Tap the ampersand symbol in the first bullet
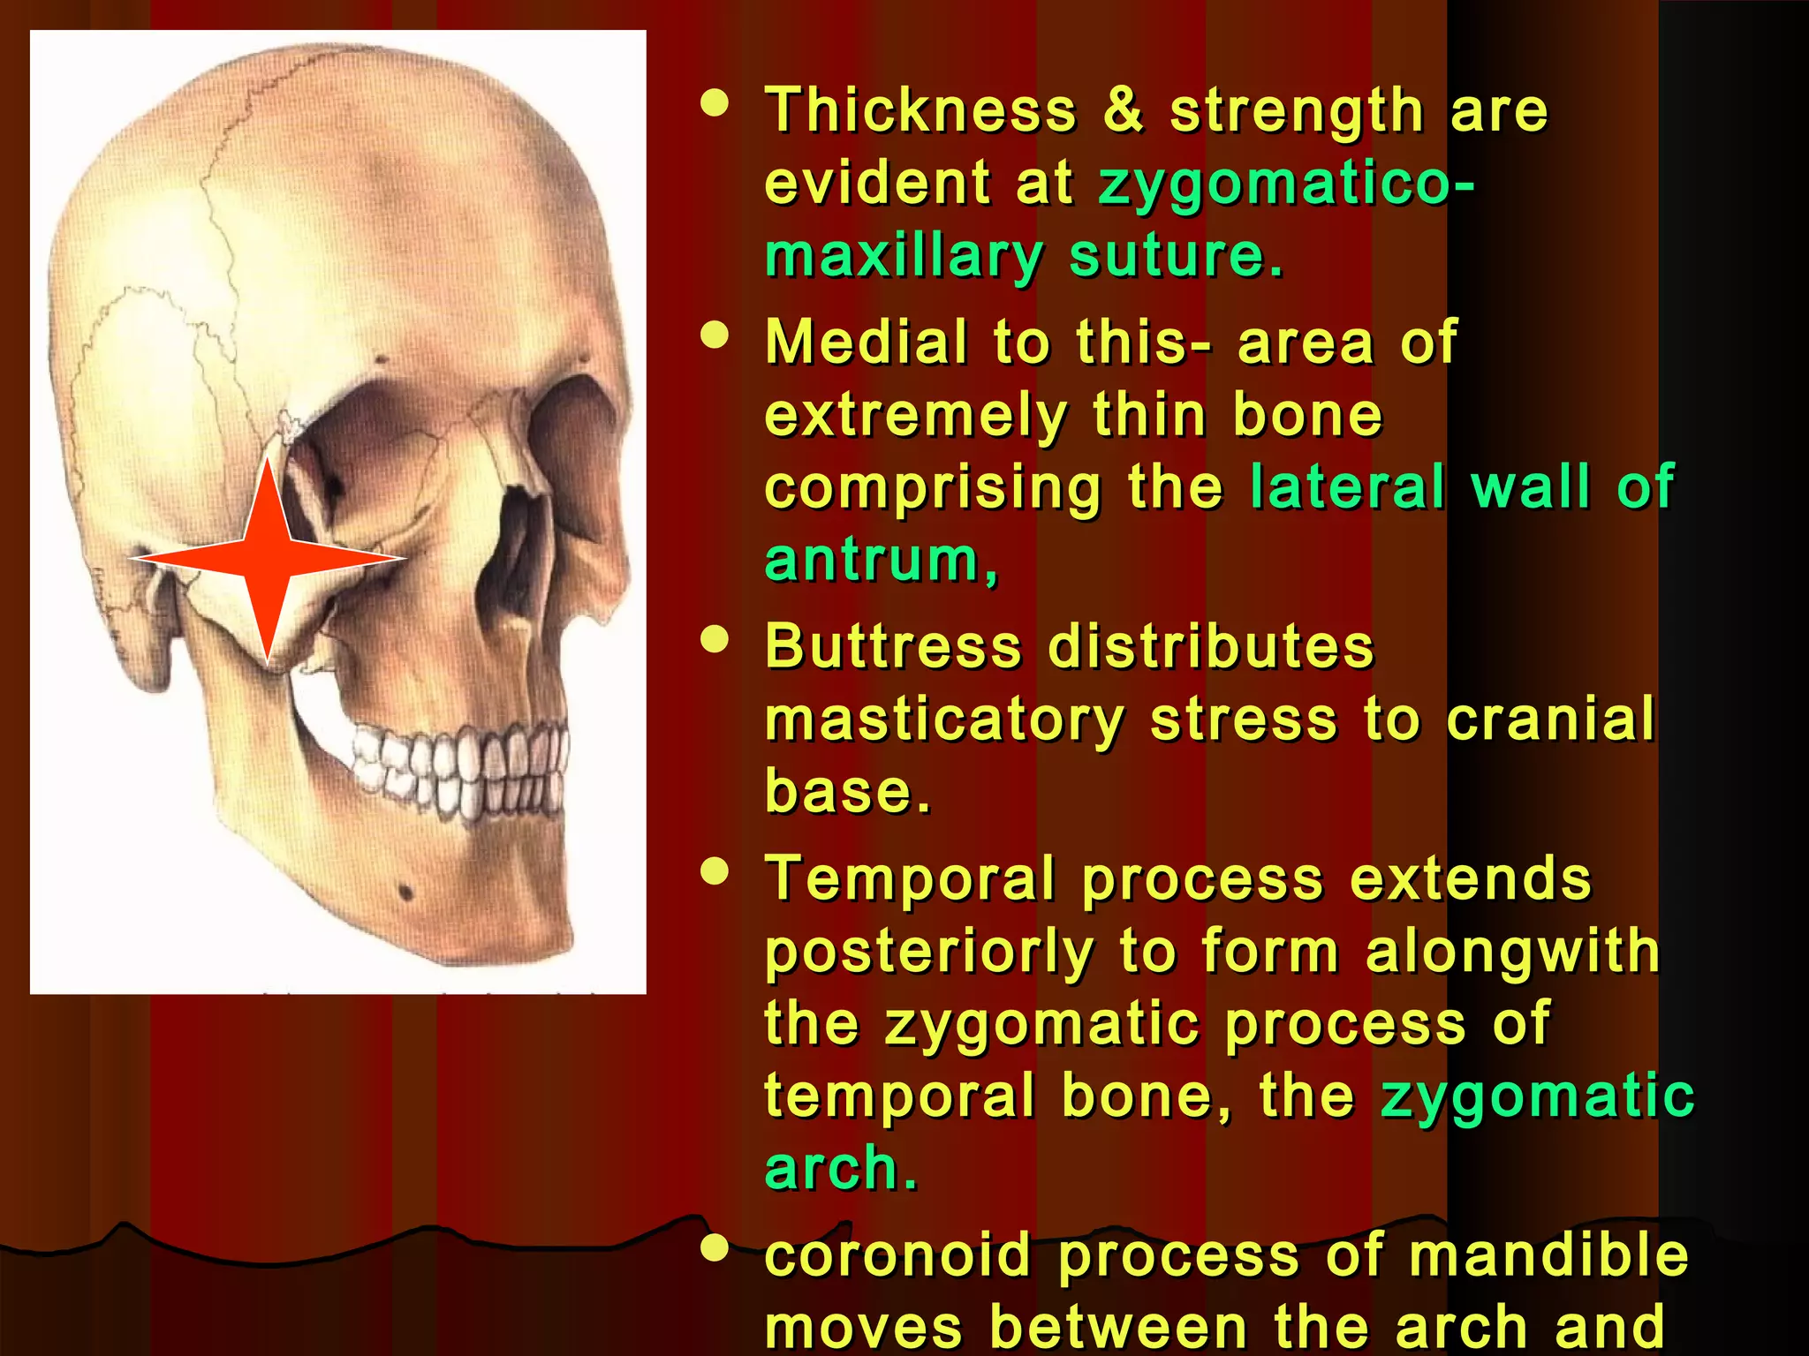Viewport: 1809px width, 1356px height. click(1123, 111)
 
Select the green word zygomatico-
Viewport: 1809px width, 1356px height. click(1285, 185)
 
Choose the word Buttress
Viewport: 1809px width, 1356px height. click(893, 647)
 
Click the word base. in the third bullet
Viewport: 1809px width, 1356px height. click(848, 791)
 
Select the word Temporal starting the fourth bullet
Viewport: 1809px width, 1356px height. click(910, 879)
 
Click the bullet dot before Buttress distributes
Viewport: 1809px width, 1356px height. click(715, 639)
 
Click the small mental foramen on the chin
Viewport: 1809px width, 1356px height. click(405, 891)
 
